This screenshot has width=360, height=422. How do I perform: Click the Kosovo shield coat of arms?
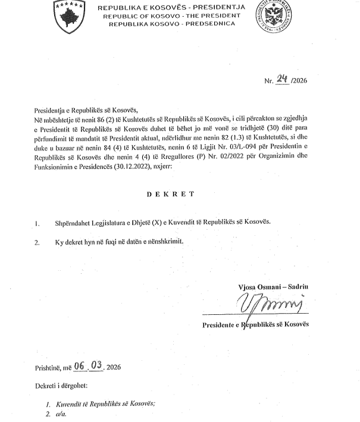tap(68, 17)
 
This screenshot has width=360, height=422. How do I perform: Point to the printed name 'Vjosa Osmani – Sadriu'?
tap(270, 287)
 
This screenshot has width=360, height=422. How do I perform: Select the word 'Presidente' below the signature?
tap(218, 325)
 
